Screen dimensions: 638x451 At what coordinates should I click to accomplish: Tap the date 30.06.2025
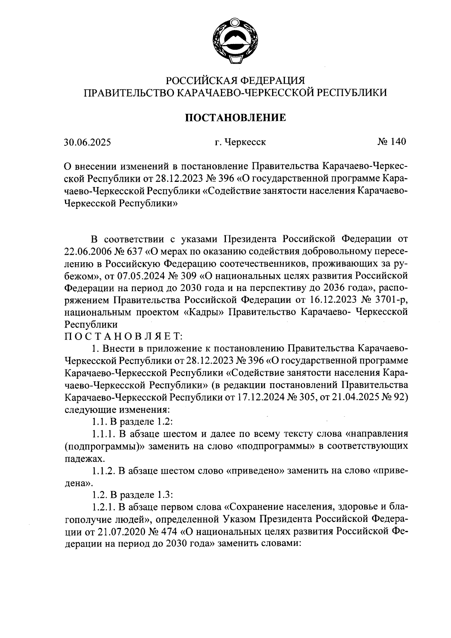pyautogui.click(x=87, y=142)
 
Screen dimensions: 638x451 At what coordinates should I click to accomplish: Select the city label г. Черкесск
pyautogui.click(x=241, y=142)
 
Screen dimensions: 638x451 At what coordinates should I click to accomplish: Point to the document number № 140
pyautogui.click(x=391, y=142)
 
